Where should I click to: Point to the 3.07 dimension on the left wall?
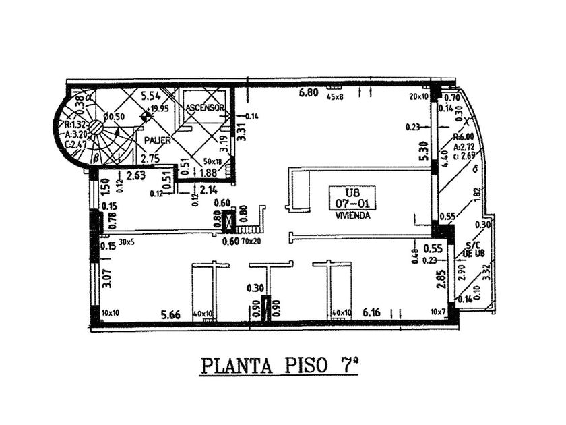[106, 278]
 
